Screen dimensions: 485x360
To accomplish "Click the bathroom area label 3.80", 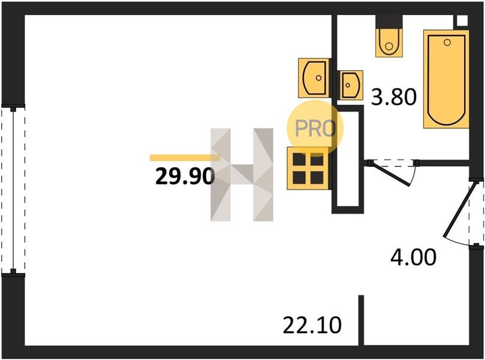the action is (394, 97).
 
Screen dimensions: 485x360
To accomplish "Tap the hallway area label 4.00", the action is (413, 257).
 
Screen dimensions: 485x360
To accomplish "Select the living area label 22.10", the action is (312, 325).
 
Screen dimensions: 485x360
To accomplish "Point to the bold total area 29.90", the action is (185, 176).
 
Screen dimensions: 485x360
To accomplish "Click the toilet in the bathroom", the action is (389, 43).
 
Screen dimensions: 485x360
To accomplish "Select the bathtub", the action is (447, 79).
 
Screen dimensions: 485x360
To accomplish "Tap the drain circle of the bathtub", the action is (447, 43).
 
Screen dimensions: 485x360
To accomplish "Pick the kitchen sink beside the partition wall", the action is (314, 77).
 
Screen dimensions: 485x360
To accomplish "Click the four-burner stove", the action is (308, 169).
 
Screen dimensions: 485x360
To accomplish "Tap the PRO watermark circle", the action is (315, 128).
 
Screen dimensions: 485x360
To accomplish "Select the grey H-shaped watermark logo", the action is (242, 175).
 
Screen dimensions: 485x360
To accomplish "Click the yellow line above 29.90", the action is (185, 158).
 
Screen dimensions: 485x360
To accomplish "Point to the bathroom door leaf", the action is (390, 173).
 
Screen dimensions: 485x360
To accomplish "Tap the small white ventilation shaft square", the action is (462, 20).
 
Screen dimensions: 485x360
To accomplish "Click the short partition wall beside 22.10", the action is (361, 320).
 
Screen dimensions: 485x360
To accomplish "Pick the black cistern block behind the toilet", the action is (389, 22).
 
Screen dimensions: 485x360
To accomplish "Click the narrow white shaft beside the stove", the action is (347, 158).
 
